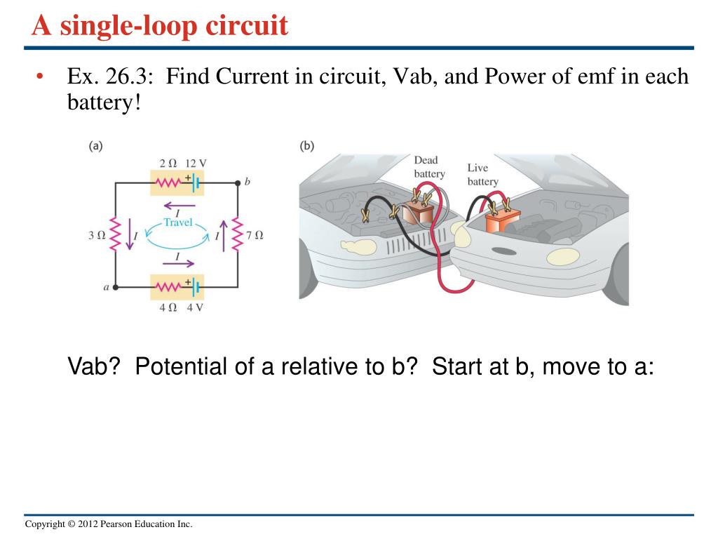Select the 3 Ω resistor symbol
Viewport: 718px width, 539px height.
pyautogui.click(x=116, y=234)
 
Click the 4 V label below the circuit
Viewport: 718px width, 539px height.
pyautogui.click(x=194, y=307)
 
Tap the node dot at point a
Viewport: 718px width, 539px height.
pyautogui.click(x=116, y=287)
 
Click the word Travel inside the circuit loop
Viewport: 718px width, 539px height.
pyautogui.click(x=177, y=222)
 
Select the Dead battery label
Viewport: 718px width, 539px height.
pyautogui.click(x=428, y=167)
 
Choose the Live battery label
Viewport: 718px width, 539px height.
pyautogui.click(x=482, y=175)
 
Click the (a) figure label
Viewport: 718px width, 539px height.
pyautogui.click(x=96, y=146)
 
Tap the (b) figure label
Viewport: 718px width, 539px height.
pyautogui.click(x=307, y=146)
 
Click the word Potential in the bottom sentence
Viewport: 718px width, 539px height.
pyautogui.click(x=182, y=366)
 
